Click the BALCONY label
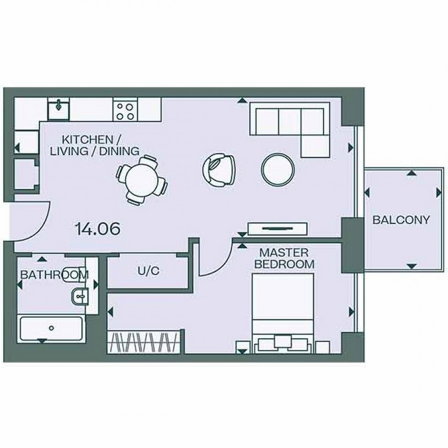401,220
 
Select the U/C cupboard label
149,271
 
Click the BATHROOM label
54,275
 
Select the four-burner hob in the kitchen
124,110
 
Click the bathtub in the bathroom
52,328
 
